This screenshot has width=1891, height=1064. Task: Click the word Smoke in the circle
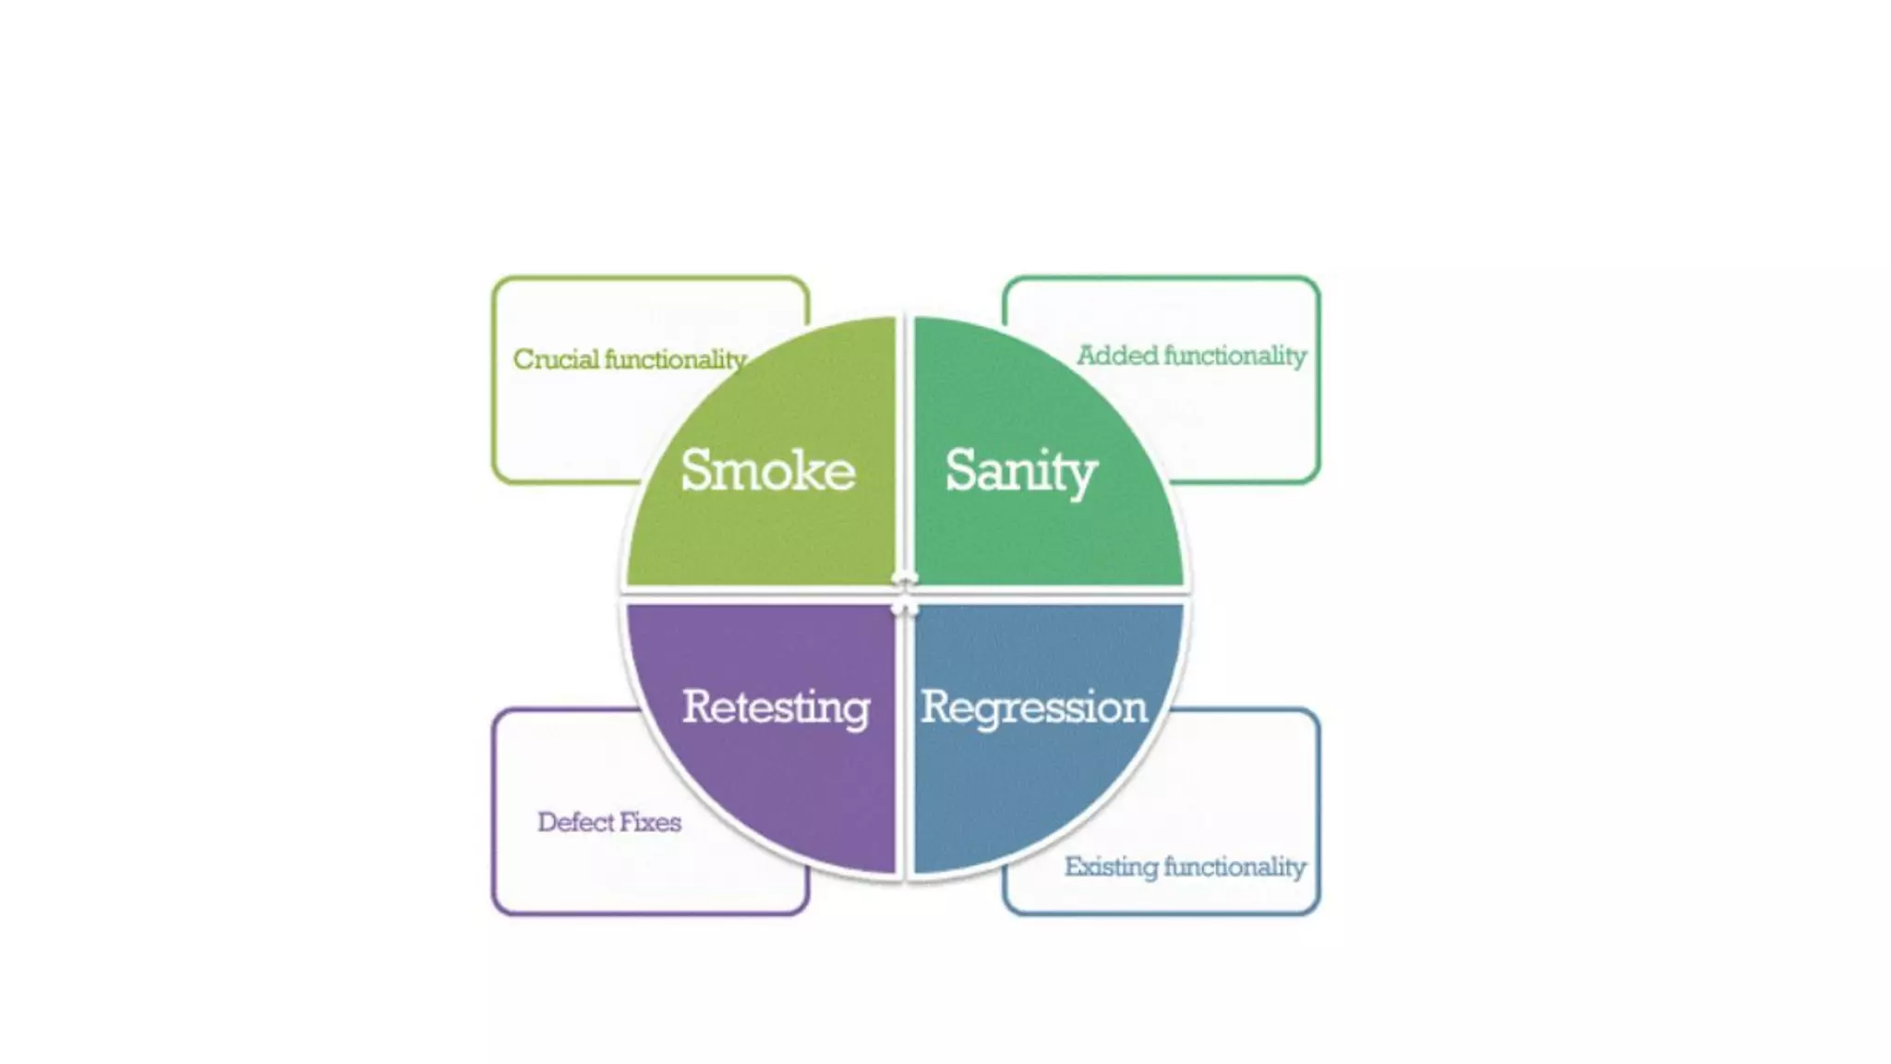[767, 470]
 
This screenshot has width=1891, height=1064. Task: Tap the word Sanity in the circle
[1020, 471]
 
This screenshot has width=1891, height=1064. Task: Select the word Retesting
[776, 707]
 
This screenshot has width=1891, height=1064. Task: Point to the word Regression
[1033, 707]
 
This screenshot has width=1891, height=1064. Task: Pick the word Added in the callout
[1117, 356]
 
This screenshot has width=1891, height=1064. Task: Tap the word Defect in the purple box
[574, 822]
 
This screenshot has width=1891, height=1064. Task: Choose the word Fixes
[650, 822]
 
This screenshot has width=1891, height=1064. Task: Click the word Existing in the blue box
[1111, 867]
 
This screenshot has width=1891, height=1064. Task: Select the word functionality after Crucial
[675, 359]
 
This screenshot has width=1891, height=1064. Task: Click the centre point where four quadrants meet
[905, 595]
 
